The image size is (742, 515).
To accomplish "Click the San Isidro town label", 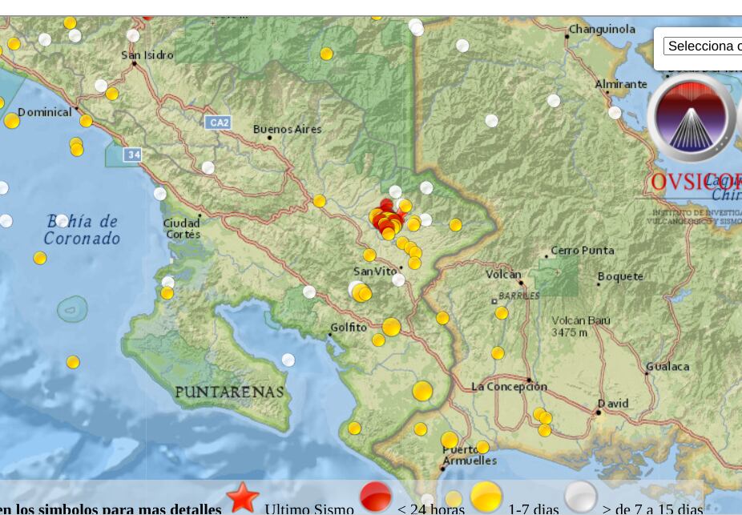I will [x=147, y=55].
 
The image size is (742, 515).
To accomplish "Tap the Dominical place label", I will [x=45, y=112].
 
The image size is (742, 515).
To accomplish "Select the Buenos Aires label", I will [x=287, y=129].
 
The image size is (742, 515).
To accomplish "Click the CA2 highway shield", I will [x=218, y=123].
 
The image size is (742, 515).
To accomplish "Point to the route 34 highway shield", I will [x=133, y=154].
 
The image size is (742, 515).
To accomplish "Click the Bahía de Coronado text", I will [x=82, y=230].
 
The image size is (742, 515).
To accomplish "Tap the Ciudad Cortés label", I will [x=182, y=228].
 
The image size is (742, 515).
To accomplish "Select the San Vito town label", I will [x=375, y=272].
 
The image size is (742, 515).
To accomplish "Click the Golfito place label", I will [x=349, y=328].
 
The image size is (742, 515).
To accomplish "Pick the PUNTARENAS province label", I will [x=229, y=392].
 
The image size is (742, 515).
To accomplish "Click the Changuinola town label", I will [x=602, y=30].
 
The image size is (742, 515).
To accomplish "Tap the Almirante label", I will [x=621, y=84].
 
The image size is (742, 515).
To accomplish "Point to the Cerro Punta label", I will [x=583, y=251].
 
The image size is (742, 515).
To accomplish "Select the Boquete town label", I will [x=621, y=276].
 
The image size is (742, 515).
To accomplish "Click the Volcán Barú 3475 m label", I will [x=580, y=326].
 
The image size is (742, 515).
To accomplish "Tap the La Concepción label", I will [x=509, y=386].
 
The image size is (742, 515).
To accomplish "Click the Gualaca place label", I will [x=667, y=366].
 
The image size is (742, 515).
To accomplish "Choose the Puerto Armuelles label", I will [x=470, y=455].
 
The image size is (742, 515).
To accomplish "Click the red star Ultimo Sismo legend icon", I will [x=242, y=497].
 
